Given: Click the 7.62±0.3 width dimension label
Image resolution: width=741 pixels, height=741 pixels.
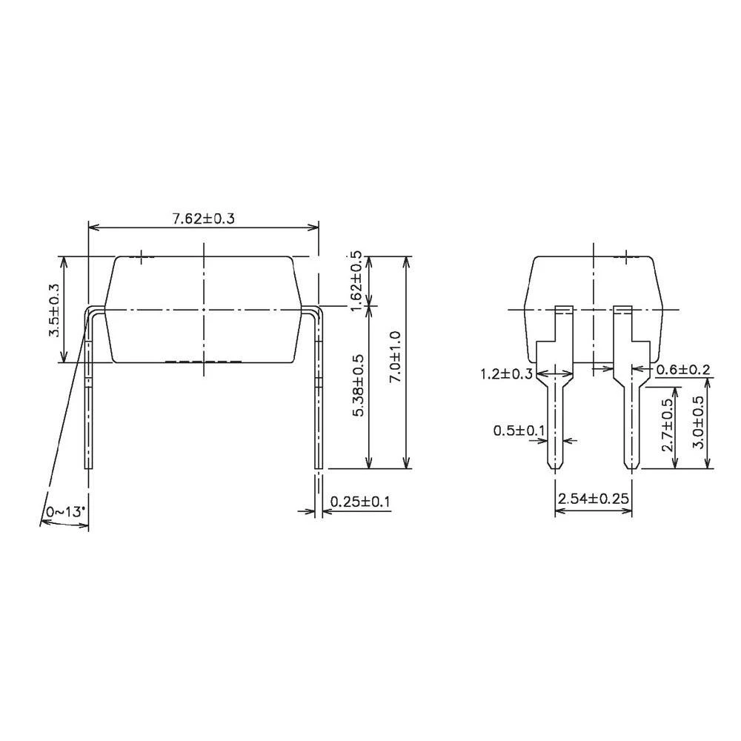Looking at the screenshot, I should click(x=203, y=219).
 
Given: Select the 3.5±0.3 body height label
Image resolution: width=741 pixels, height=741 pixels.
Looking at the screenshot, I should click(x=54, y=310).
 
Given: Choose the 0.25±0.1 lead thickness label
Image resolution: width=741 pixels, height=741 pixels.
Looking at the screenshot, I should click(x=360, y=502).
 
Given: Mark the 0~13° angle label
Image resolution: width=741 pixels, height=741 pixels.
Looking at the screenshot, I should click(x=66, y=512).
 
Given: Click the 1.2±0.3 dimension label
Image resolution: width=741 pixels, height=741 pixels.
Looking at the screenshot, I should click(x=506, y=373).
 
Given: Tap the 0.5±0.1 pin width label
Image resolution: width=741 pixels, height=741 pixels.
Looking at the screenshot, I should click(x=519, y=430).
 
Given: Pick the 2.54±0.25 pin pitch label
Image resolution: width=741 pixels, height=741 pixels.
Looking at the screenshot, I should click(x=594, y=499).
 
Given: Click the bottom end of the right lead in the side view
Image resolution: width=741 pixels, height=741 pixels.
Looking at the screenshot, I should click(x=319, y=467).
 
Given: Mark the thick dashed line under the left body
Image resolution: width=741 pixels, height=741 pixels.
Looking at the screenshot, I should click(x=203, y=362).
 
